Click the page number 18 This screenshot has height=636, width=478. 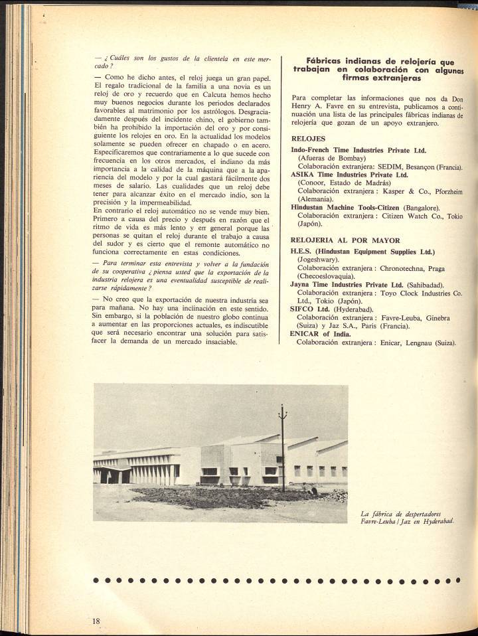[96, 620]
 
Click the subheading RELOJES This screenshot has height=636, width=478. [308, 139]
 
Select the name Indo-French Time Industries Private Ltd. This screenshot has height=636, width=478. [358, 151]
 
